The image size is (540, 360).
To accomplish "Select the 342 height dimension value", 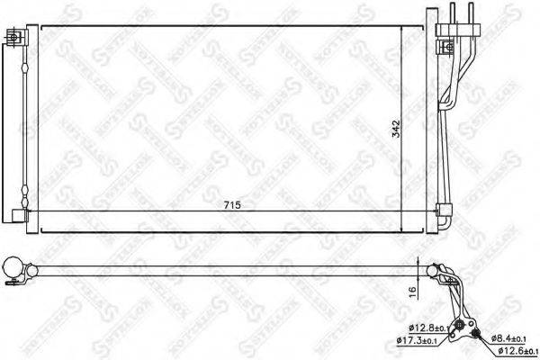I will coord(410,130).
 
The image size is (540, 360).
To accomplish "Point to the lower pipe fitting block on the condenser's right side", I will coord(442,214).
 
